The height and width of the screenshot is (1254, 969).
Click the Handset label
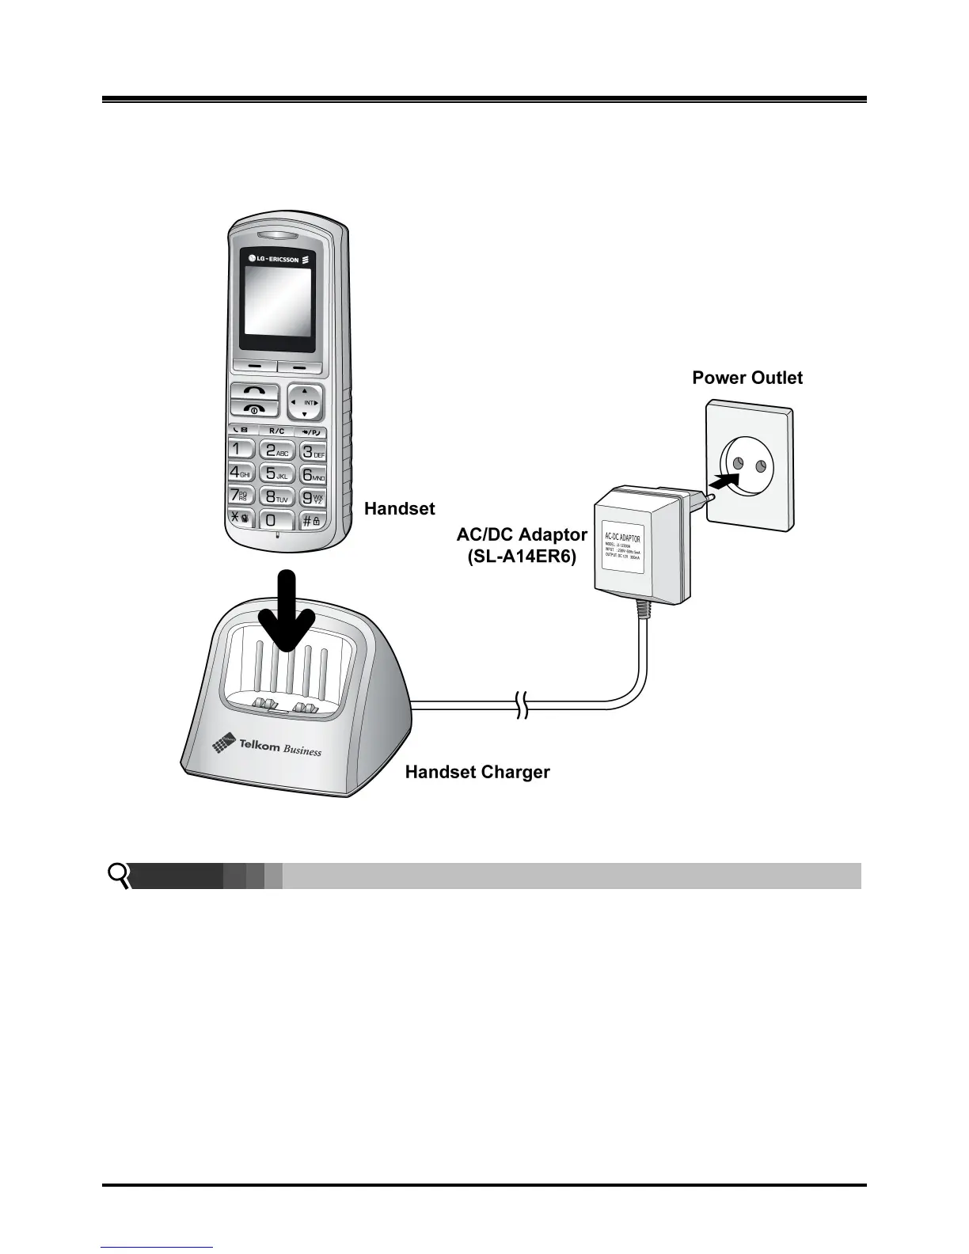pos(399,508)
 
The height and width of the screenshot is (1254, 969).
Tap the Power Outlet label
pos(747,378)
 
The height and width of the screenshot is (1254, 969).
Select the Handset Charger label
pos(477,772)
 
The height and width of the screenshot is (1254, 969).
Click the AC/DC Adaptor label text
pos(522,534)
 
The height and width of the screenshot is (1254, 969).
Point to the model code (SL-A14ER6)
pos(522,557)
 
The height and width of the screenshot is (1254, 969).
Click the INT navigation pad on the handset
pos(306,402)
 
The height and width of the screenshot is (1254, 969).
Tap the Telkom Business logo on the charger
pos(267,745)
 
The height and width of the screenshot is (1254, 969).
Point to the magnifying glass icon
pos(120,876)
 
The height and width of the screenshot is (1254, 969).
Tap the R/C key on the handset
pos(276,431)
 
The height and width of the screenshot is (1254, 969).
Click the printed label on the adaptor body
pos(623,549)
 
